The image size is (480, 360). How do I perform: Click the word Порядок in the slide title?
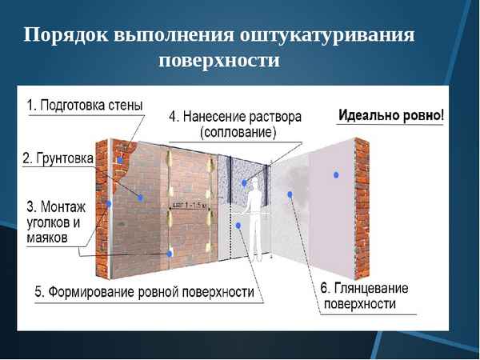[x=66, y=36]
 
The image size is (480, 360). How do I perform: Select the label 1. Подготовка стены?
[x=85, y=105]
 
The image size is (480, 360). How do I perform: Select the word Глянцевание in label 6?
[x=365, y=289]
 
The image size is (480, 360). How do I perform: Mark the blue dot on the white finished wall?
[x=337, y=174]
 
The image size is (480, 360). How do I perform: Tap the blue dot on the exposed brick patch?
[x=119, y=160]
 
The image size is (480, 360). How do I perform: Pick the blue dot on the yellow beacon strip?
[x=170, y=254]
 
